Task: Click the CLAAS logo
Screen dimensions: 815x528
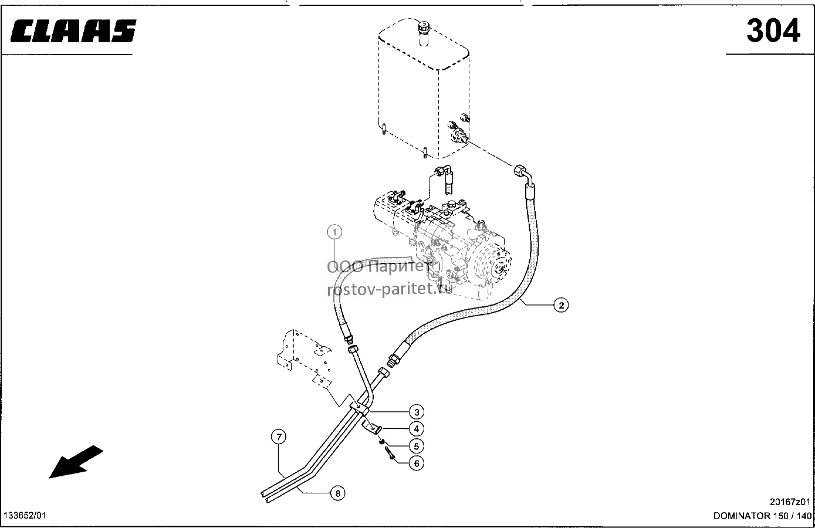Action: pyautogui.click(x=73, y=31)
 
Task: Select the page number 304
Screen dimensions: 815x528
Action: pyautogui.click(x=773, y=31)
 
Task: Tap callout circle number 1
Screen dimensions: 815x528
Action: pyautogui.click(x=334, y=232)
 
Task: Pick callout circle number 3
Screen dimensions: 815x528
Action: pyautogui.click(x=417, y=412)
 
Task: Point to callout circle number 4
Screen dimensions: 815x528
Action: pyautogui.click(x=417, y=429)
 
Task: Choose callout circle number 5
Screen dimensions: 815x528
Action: pyautogui.click(x=417, y=446)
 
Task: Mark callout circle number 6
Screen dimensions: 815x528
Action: pyautogui.click(x=417, y=463)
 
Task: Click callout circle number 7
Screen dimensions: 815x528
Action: pyautogui.click(x=279, y=436)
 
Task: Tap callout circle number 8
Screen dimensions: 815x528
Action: pyautogui.click(x=338, y=493)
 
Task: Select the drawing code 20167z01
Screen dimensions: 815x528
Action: pyautogui.click(x=790, y=502)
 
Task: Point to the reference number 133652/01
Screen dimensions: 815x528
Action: pyautogui.click(x=25, y=516)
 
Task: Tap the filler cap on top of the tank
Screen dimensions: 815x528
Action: pyautogui.click(x=424, y=28)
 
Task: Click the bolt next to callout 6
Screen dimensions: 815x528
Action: pyautogui.click(x=389, y=453)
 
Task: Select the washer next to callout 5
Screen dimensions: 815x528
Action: pyautogui.click(x=381, y=442)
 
